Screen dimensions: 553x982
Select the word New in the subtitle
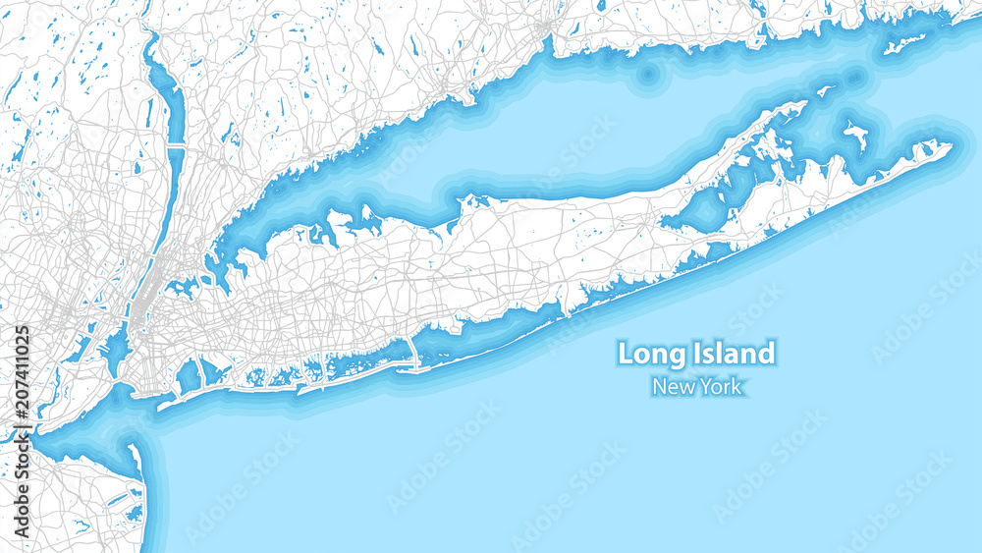point(673,386)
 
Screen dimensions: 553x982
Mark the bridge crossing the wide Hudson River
point(174,145)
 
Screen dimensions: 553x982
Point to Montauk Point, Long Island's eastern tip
point(950,147)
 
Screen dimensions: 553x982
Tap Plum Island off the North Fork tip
point(824,91)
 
